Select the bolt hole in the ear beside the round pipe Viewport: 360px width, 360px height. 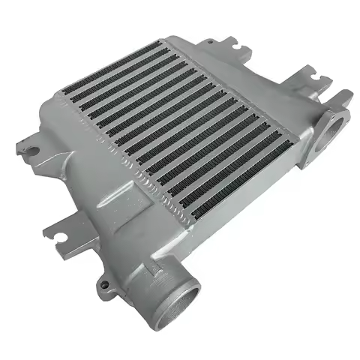104,284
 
